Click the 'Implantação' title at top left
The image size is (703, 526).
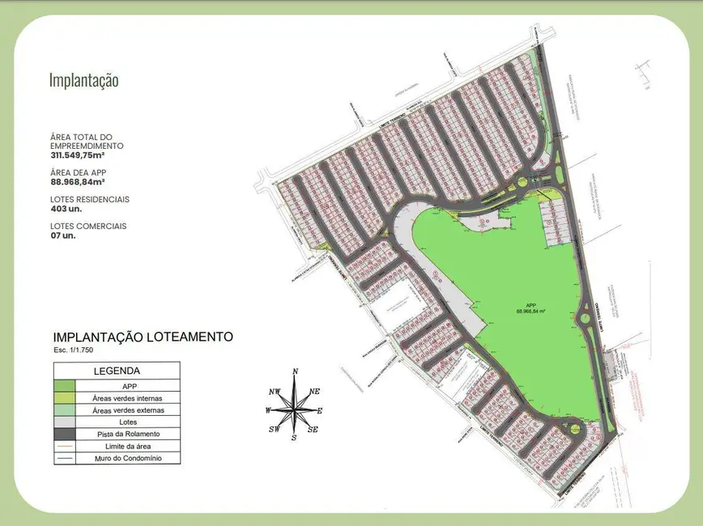[84, 80]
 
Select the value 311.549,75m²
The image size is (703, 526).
[78, 155]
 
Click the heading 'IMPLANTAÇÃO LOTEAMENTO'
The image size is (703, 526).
[143, 337]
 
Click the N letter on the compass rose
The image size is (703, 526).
[295, 371]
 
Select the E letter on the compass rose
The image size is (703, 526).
[320, 410]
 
